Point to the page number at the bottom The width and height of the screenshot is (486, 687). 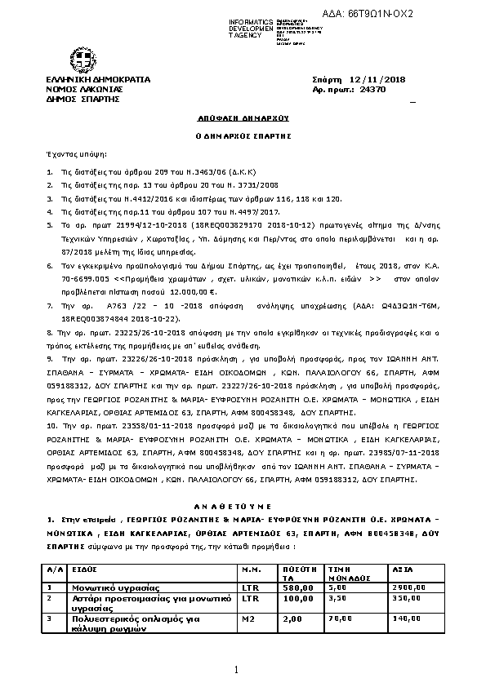point(235,670)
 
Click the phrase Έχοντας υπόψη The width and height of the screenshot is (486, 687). point(65,153)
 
